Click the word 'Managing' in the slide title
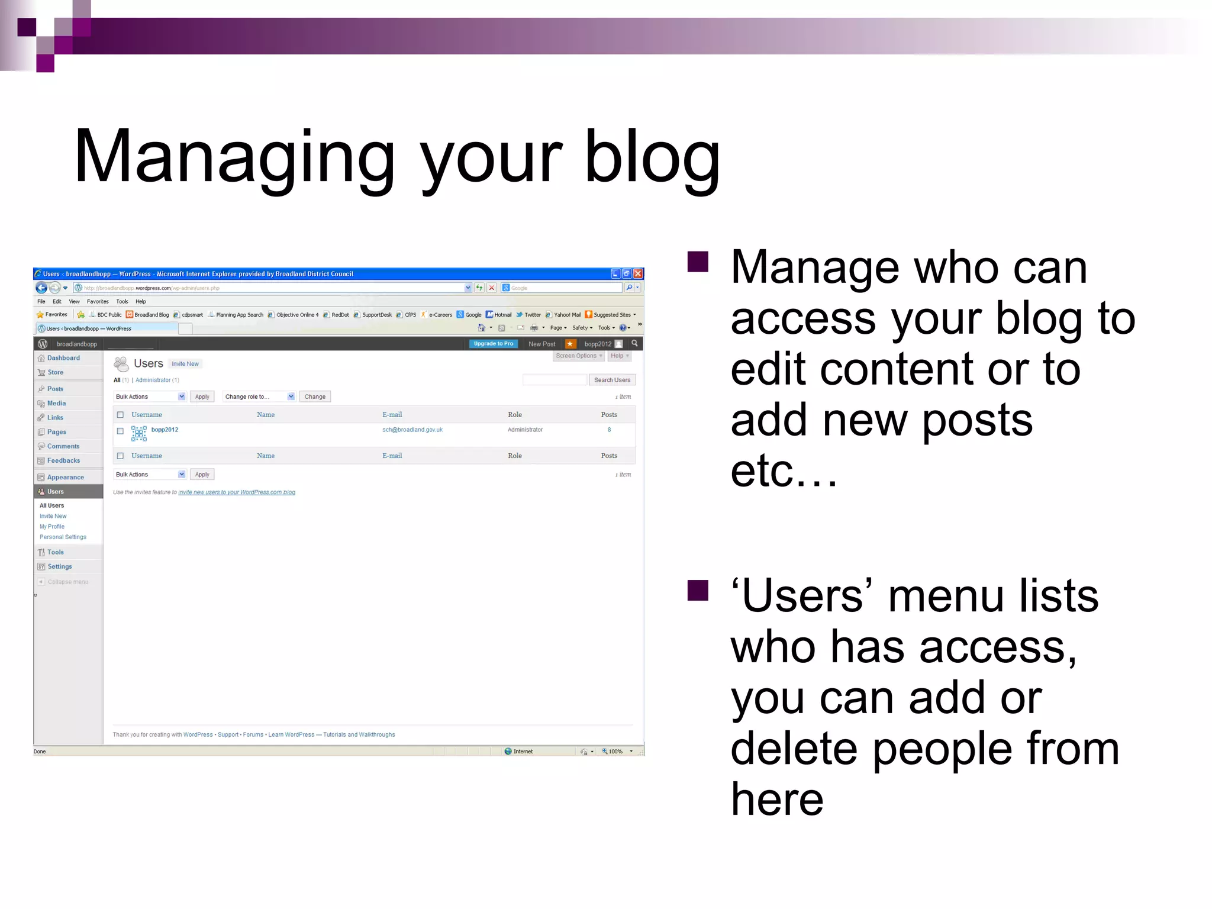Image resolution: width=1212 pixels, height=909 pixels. tap(234, 157)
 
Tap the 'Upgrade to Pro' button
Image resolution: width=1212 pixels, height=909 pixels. tap(493, 344)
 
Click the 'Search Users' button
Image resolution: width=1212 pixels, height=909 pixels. tap(612, 380)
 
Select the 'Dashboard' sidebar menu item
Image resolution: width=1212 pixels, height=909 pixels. tap(63, 358)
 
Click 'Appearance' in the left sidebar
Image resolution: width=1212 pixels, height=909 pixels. tap(65, 478)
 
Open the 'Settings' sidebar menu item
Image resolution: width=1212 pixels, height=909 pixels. tap(59, 567)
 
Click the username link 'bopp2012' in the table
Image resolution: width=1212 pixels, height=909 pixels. tap(165, 430)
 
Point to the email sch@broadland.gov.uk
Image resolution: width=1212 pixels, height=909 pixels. tap(412, 430)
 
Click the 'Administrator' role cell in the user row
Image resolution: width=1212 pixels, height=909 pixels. tap(525, 430)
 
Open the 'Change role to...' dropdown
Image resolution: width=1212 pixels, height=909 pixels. tap(259, 397)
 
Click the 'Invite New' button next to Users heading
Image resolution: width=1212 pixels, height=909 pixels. tap(185, 364)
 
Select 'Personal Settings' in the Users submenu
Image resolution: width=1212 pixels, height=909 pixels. tap(63, 537)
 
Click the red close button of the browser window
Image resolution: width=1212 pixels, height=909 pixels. tap(637, 273)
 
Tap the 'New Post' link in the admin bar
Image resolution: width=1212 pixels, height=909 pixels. tap(541, 344)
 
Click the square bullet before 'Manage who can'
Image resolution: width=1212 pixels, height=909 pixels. tap(698, 262)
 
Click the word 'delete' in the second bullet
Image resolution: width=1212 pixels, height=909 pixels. tap(794, 749)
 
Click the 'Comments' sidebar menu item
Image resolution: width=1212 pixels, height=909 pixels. tap(63, 446)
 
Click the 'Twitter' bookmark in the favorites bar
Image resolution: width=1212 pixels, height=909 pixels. tap(532, 315)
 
